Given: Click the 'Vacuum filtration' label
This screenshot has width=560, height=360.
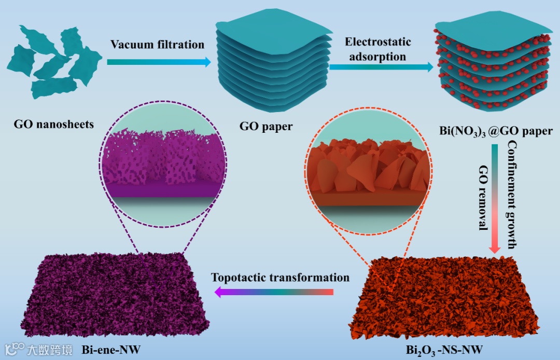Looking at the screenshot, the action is [x=157, y=45].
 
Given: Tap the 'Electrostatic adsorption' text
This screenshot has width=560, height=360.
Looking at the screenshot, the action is [x=377, y=49].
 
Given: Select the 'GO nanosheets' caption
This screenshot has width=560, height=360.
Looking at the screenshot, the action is [x=54, y=124].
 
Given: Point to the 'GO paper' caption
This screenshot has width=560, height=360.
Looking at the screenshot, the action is [x=266, y=126].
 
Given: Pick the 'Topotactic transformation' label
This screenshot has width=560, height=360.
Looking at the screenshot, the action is [x=280, y=278].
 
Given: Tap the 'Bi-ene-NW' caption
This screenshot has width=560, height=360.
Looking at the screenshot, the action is [x=110, y=349].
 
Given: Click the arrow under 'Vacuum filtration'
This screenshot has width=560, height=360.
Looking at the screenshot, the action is [x=159, y=62].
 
